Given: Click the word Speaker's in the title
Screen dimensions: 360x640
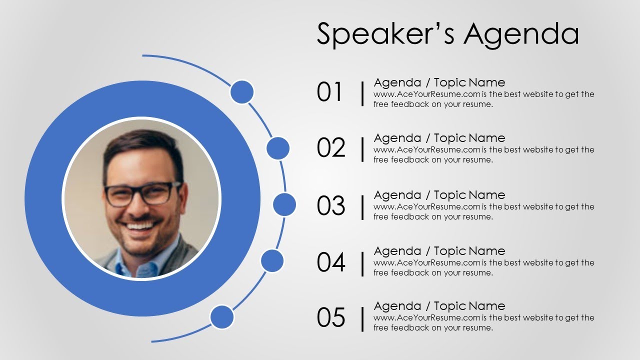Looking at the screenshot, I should [x=385, y=34].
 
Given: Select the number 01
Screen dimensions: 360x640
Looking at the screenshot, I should [x=330, y=92].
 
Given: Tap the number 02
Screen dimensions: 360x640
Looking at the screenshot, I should [x=330, y=148].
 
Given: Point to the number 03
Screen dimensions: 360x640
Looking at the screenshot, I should [x=330, y=205].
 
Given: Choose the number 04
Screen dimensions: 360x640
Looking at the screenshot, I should [x=330, y=262].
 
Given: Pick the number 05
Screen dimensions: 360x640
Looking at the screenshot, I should [x=330, y=317].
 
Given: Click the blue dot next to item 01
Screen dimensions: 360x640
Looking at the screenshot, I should [x=242, y=92].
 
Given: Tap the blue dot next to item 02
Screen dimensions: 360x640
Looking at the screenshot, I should [x=278, y=148].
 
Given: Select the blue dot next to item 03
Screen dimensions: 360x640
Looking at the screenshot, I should [x=284, y=205].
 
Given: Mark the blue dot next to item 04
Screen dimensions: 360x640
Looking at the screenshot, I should [x=272, y=260].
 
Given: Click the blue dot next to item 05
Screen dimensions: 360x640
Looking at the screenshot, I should [x=222, y=317].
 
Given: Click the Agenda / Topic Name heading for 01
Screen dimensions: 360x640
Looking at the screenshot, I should [x=439, y=82].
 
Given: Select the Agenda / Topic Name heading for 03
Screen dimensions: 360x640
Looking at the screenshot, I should [x=439, y=195].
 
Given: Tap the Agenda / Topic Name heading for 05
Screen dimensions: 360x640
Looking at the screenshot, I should [x=439, y=306].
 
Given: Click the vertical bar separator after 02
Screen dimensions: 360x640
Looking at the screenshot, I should [x=362, y=148].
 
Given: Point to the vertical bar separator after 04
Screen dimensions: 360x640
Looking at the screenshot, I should [x=362, y=262].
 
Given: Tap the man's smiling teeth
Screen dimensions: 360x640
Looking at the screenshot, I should [x=140, y=226].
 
